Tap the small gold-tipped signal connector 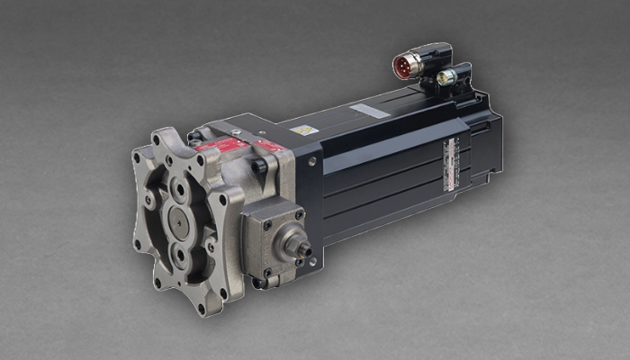[444, 78]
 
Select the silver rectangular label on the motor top [370, 111]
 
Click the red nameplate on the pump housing [223, 143]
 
